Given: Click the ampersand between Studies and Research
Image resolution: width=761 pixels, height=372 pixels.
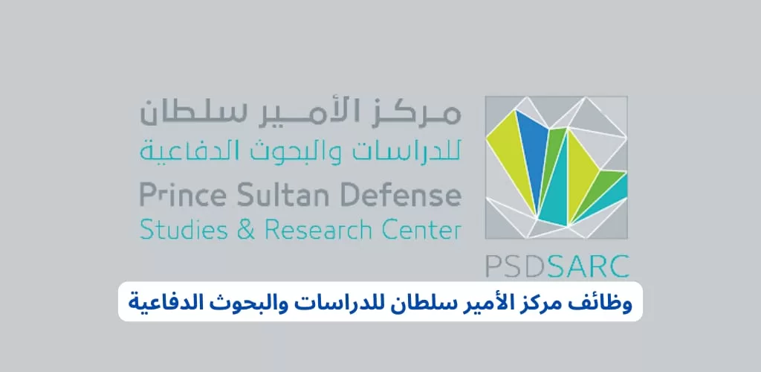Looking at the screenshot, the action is point(246,229).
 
